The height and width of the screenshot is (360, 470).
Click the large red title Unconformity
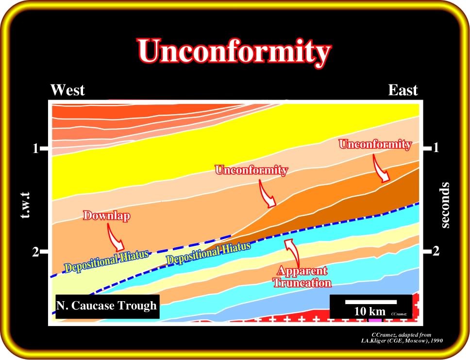point(235,51)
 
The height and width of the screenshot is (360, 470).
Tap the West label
point(67,90)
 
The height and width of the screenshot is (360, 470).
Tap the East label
point(403,90)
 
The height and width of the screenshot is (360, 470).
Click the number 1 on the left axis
point(35,148)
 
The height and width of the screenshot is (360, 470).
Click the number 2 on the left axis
point(35,252)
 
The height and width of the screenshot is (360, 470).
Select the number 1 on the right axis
point(436,148)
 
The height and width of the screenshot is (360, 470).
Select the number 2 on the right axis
point(436,251)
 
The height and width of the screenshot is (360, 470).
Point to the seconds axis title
point(445,205)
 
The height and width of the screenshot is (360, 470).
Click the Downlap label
point(106,216)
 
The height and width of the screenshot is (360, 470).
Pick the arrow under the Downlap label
point(116,238)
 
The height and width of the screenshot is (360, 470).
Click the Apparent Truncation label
point(302,277)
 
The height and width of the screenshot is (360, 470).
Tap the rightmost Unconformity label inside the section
point(375,144)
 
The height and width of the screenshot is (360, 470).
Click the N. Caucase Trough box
point(107,306)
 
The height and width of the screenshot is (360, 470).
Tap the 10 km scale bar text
point(370,311)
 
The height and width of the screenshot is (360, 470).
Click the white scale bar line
point(371,302)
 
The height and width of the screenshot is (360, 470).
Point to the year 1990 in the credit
point(436,341)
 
